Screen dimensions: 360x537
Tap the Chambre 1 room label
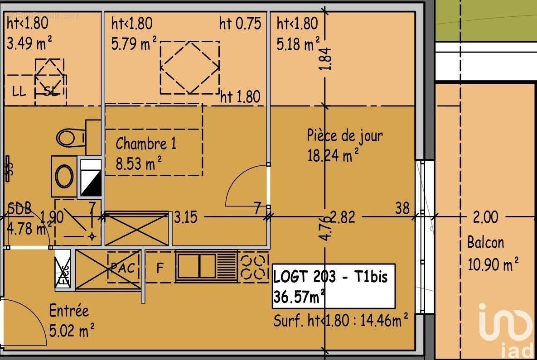pyautogui.click(x=146, y=144)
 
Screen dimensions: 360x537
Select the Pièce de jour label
pyautogui.click(x=344, y=135)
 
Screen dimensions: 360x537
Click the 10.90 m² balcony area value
pyautogui.click(x=493, y=264)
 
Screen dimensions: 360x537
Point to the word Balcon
pyautogui.click(x=485, y=243)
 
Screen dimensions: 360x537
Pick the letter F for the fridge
pyautogui.click(x=160, y=268)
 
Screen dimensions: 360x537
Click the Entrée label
pyautogui.click(x=69, y=311)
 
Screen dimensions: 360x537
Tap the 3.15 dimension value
pyautogui.click(x=186, y=218)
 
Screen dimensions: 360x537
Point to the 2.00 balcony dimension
pyautogui.click(x=485, y=218)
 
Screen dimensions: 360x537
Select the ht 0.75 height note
pyautogui.click(x=240, y=23)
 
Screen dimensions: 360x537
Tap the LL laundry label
pyautogui.click(x=19, y=92)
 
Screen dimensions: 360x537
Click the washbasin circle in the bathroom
pyautogui.click(x=64, y=176)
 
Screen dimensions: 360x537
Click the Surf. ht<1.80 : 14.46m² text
pyautogui.click(x=340, y=321)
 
